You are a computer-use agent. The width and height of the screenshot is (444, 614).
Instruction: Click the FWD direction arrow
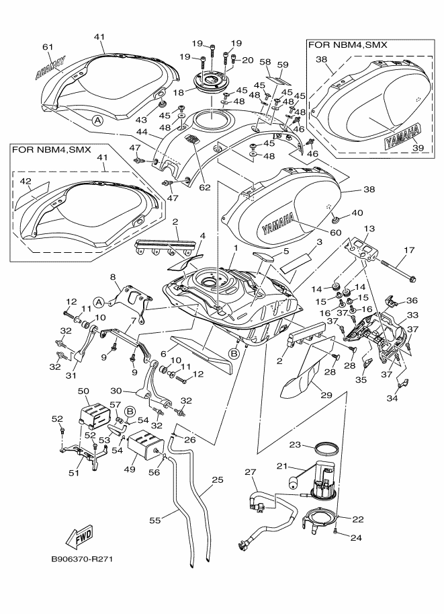click(79, 537)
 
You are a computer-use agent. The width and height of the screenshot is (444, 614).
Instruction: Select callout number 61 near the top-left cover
click(47, 46)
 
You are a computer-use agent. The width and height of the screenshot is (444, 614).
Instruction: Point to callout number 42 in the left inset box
click(25, 181)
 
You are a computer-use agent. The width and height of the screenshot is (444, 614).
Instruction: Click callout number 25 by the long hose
click(217, 480)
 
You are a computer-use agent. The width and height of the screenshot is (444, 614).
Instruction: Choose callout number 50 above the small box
click(84, 391)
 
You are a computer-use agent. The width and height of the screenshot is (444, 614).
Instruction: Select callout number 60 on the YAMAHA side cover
click(335, 233)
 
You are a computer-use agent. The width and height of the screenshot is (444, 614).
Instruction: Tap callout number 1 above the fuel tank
click(235, 248)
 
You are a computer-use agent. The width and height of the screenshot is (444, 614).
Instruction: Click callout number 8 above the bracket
click(113, 276)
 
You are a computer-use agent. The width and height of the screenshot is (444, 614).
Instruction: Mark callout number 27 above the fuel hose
click(251, 473)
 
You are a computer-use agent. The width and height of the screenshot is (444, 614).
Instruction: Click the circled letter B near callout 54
click(130, 410)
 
